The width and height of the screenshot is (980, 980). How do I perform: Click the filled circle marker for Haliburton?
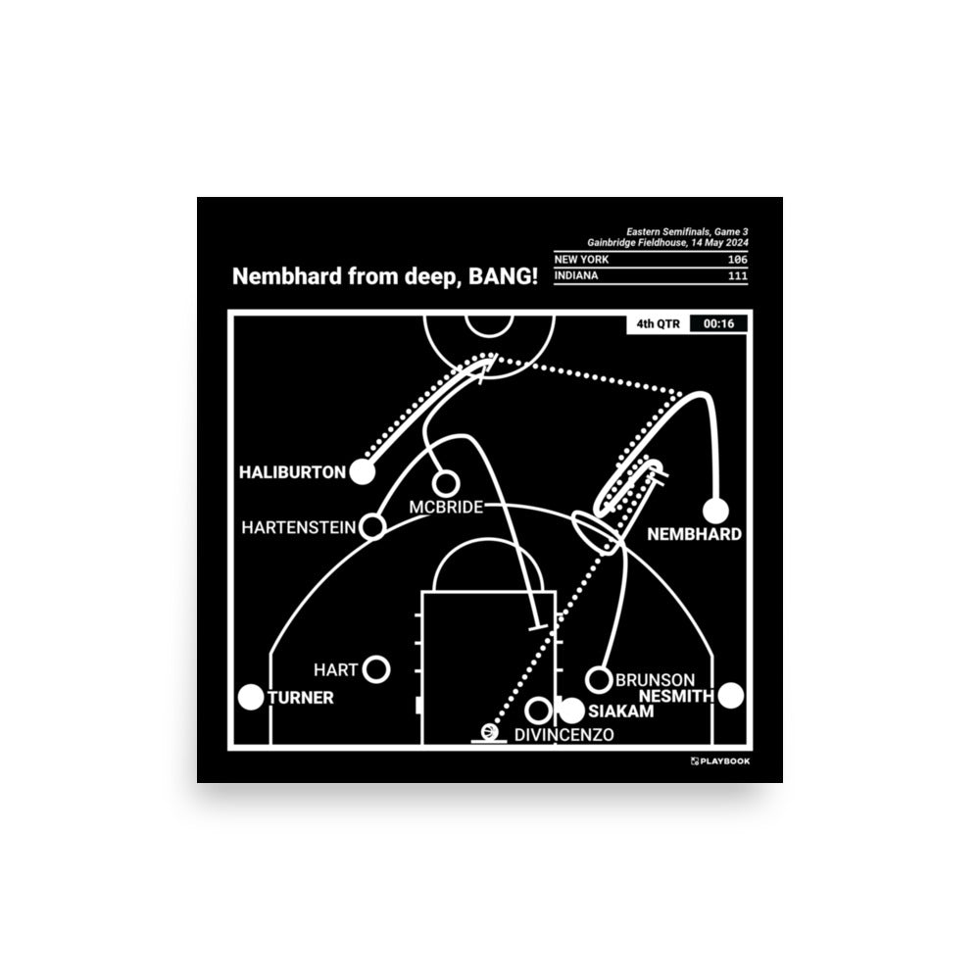click(363, 472)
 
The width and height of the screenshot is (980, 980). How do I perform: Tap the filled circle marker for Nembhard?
click(716, 511)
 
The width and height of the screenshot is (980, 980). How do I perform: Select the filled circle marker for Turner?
click(253, 698)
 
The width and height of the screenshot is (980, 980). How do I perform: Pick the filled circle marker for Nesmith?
click(730, 696)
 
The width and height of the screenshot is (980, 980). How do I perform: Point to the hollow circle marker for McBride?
click(445, 483)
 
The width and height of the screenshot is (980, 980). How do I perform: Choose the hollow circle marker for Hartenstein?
click(372, 527)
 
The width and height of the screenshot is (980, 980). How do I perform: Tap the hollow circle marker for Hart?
click(376, 669)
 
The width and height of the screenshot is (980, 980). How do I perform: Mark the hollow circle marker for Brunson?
click(598, 678)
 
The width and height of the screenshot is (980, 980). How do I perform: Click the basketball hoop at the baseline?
click(487, 733)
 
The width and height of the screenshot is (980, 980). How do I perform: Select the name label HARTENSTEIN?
click(299, 528)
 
